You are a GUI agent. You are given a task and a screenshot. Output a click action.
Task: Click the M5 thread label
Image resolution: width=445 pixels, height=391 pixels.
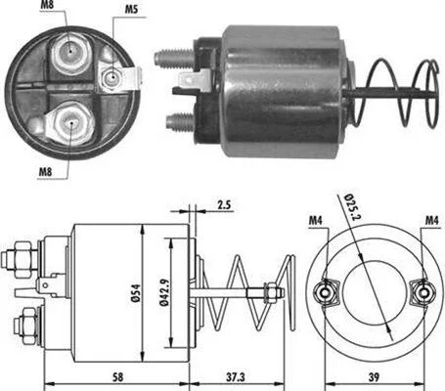click(x=131, y=10)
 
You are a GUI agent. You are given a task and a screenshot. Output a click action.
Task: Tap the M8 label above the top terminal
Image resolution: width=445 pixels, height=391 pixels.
click(x=46, y=5)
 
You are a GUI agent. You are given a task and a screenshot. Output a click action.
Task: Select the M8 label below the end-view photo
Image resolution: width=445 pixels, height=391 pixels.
click(x=45, y=171)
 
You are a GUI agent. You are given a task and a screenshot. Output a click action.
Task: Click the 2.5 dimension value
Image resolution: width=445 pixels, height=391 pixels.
click(x=224, y=204)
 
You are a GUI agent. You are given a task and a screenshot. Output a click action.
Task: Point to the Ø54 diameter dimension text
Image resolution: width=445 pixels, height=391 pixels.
click(x=136, y=293)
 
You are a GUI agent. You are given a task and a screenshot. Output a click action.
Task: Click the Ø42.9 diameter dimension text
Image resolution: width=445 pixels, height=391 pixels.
click(x=164, y=293)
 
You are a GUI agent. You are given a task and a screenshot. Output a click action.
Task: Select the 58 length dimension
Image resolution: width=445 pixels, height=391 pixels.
click(x=117, y=377)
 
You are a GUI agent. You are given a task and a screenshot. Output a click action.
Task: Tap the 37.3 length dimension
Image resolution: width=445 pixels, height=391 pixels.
click(x=236, y=377)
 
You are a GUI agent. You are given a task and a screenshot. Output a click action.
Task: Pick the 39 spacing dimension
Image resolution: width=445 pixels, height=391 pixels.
click(x=374, y=377)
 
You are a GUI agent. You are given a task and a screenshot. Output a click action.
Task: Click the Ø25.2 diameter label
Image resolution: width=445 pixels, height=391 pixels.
click(x=352, y=206)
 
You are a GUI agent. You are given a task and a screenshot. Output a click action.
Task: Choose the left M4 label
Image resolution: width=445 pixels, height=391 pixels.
click(x=316, y=221)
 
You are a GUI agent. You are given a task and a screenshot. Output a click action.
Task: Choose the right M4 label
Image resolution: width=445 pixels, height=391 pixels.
click(x=432, y=221)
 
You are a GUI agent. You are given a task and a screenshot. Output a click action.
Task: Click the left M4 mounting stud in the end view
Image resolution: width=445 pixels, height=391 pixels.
click(x=325, y=292)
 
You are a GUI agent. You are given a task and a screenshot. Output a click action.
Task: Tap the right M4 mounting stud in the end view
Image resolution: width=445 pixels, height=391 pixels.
click(x=423, y=292)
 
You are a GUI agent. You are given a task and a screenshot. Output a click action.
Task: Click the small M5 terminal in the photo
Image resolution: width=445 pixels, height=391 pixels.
click(x=111, y=77)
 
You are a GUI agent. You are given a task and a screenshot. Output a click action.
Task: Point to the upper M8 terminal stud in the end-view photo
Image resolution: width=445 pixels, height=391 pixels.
click(x=69, y=51)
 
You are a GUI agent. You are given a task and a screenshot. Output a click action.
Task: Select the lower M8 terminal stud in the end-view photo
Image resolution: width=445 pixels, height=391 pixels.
click(x=70, y=123)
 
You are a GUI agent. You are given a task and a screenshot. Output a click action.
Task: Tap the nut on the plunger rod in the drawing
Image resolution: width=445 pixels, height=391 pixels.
click(x=270, y=292)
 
